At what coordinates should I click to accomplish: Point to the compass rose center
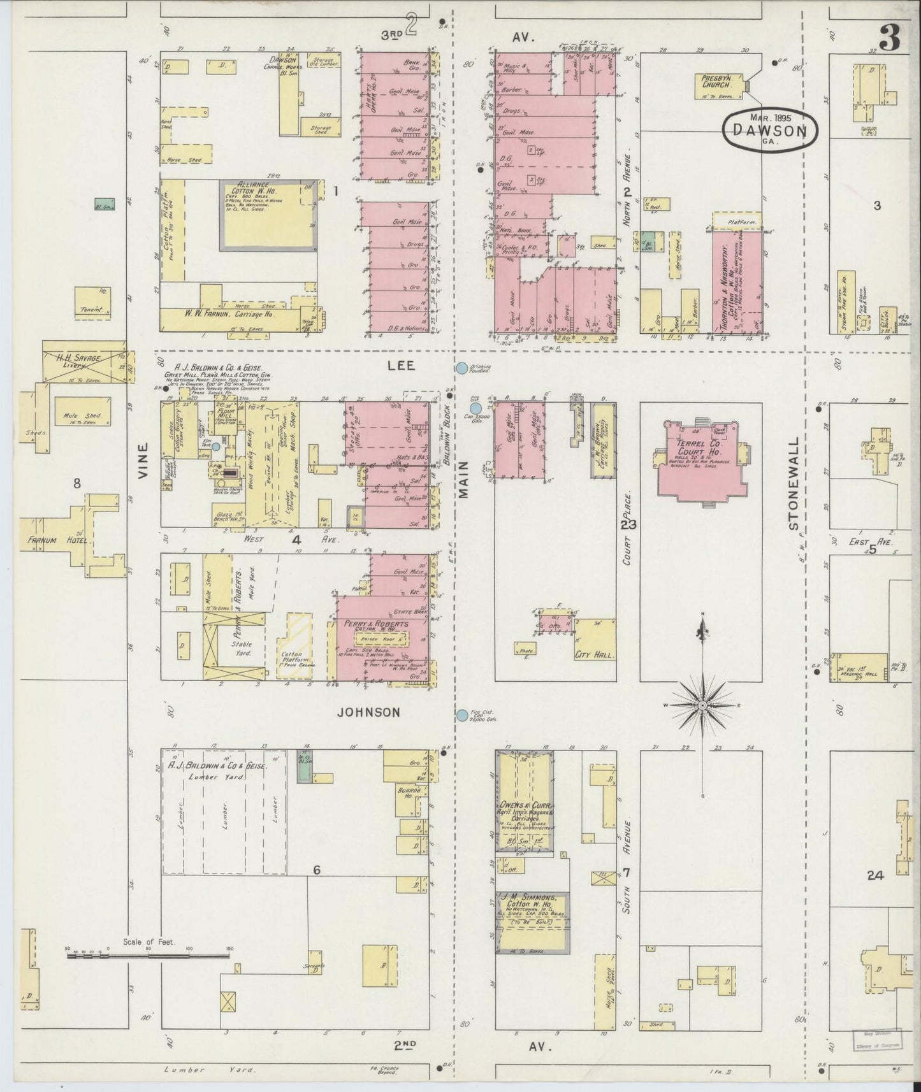point(702,705)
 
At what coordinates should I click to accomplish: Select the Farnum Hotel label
point(56,540)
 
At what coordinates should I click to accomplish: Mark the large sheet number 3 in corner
point(890,39)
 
